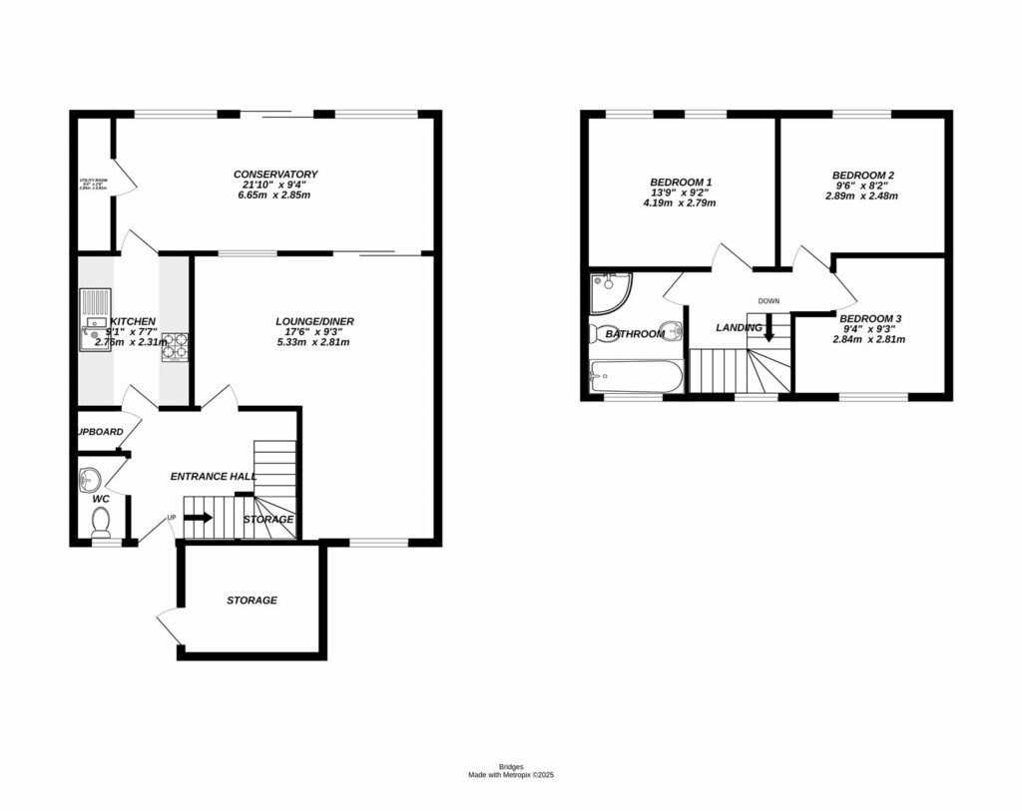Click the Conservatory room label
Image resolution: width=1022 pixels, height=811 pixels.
point(275,174)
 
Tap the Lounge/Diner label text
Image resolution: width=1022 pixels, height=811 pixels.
point(314,321)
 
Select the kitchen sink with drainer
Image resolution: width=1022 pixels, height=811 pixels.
point(96,319)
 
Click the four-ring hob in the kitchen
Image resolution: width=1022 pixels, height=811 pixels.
point(175,345)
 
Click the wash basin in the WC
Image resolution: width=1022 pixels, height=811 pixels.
point(88,479)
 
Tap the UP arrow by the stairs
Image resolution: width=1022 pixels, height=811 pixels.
point(198,518)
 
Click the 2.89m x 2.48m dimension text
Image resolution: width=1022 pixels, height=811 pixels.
point(861,197)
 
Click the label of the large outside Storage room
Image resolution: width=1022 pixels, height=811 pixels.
point(252,601)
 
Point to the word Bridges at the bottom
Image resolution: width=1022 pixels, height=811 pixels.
point(510,766)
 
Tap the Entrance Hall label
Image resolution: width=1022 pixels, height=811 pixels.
point(213,477)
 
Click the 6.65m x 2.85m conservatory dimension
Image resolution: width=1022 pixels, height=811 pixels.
point(275,197)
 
